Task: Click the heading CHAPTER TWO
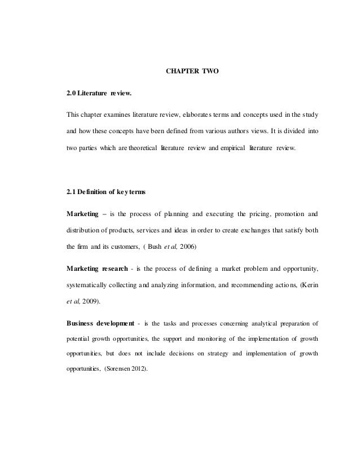[x=194, y=72]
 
